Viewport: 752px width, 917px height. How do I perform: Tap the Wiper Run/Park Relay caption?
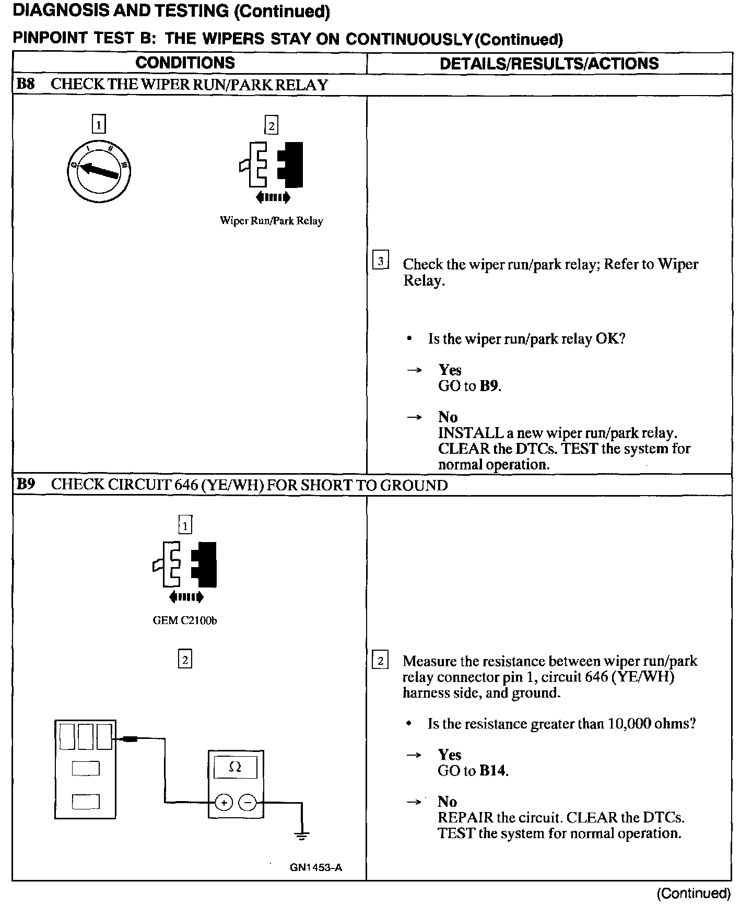point(271,221)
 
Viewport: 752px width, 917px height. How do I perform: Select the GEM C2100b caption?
point(185,621)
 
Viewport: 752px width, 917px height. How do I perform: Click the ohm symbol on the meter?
point(236,767)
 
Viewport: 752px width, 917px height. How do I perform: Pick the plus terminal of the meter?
point(224,802)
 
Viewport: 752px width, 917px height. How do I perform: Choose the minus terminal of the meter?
point(248,802)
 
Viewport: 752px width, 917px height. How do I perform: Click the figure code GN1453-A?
point(316,867)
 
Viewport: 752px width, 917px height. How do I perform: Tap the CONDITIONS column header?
point(185,63)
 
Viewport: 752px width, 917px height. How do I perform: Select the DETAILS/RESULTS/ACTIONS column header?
point(549,64)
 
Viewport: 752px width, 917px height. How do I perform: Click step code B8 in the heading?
point(26,85)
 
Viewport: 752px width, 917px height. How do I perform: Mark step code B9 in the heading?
point(26,485)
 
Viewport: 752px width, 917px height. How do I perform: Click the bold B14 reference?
point(492,770)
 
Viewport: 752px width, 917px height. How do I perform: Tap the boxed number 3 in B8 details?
point(380,261)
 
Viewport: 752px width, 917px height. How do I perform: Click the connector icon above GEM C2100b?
point(185,565)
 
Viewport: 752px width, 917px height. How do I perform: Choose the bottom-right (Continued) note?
point(694,894)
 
